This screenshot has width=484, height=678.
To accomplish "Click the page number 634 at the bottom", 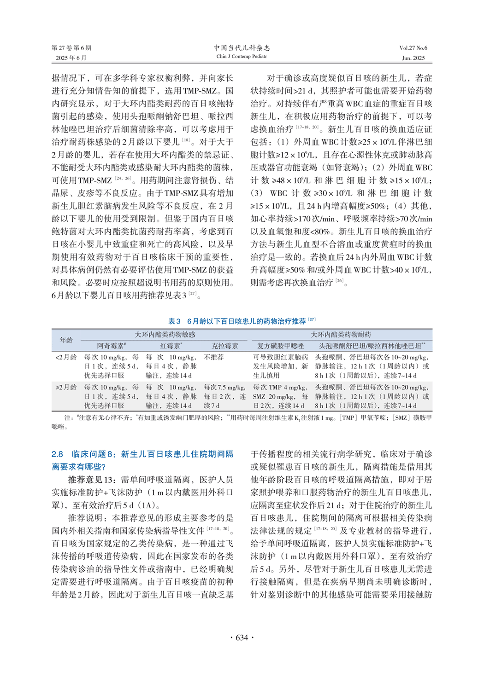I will [242, 637].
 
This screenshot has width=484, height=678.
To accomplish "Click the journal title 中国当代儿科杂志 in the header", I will [242, 48].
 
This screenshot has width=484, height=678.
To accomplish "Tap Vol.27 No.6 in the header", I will [413, 48].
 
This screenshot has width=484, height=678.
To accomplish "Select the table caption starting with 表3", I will [242, 321].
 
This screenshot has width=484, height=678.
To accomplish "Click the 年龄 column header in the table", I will [66, 340].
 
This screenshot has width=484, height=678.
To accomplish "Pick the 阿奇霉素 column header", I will [111, 346].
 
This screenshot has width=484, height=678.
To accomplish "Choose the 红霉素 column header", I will [171, 346].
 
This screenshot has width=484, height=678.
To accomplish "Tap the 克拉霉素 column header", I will [224, 346].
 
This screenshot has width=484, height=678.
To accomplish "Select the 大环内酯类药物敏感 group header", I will [165, 335].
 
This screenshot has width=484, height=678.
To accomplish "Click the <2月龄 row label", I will [66, 357].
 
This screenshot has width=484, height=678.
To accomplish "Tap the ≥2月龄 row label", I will [66, 388].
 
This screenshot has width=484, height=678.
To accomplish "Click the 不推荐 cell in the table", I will [214, 357].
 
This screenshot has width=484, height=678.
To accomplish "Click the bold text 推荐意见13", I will [92, 480].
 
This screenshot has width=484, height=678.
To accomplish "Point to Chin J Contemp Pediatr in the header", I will [242, 57].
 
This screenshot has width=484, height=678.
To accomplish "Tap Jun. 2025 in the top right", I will [413, 58].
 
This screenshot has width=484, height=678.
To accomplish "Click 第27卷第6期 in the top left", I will [71, 48].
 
